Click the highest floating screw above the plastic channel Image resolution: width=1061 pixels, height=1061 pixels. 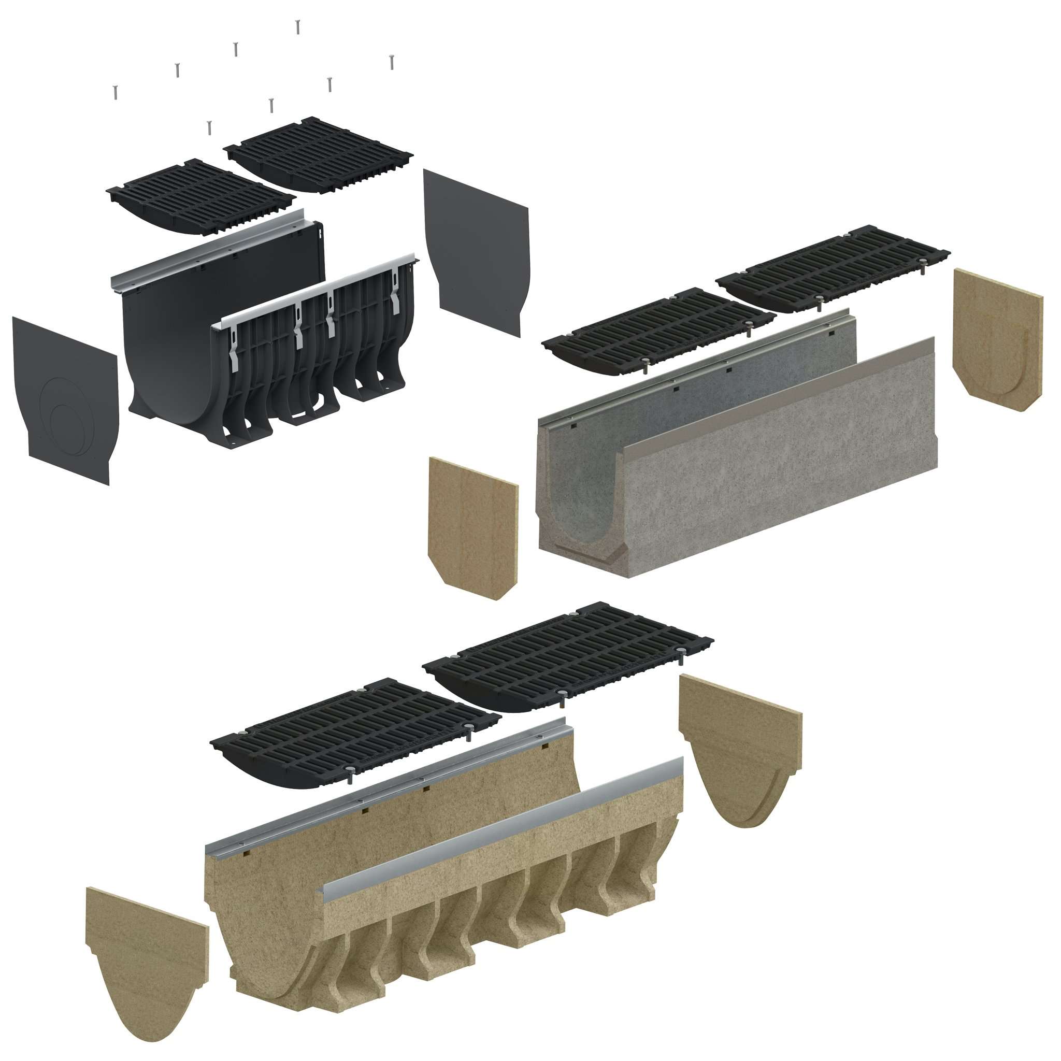(297, 26)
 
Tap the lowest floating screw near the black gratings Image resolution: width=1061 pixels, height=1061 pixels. (209, 127)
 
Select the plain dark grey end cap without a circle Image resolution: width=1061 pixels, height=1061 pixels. (477, 250)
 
